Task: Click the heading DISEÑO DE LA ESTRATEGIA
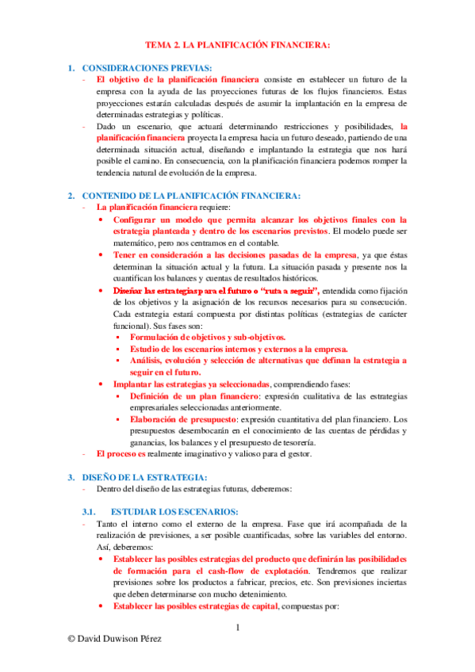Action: click(150, 477)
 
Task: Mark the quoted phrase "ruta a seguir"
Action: click(289, 292)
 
